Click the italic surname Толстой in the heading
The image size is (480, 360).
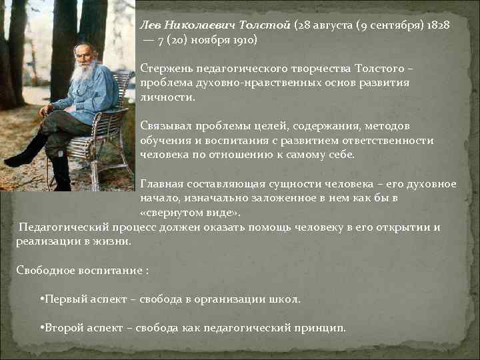(x=269, y=25)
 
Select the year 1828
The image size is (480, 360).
(x=437, y=25)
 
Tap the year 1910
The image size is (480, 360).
(x=243, y=39)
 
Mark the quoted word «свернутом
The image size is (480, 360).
(x=171, y=213)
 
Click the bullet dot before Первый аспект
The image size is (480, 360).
(x=43, y=299)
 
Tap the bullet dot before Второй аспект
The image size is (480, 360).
(x=43, y=329)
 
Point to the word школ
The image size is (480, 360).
(x=287, y=299)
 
